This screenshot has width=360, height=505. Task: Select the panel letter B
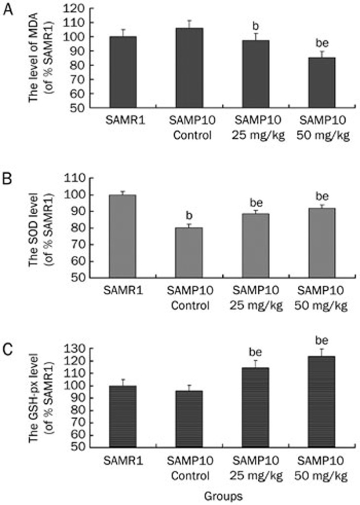tap(8, 179)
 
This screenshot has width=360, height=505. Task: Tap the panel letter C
tap(8, 350)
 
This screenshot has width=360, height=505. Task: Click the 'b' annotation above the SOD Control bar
tap(190, 215)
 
